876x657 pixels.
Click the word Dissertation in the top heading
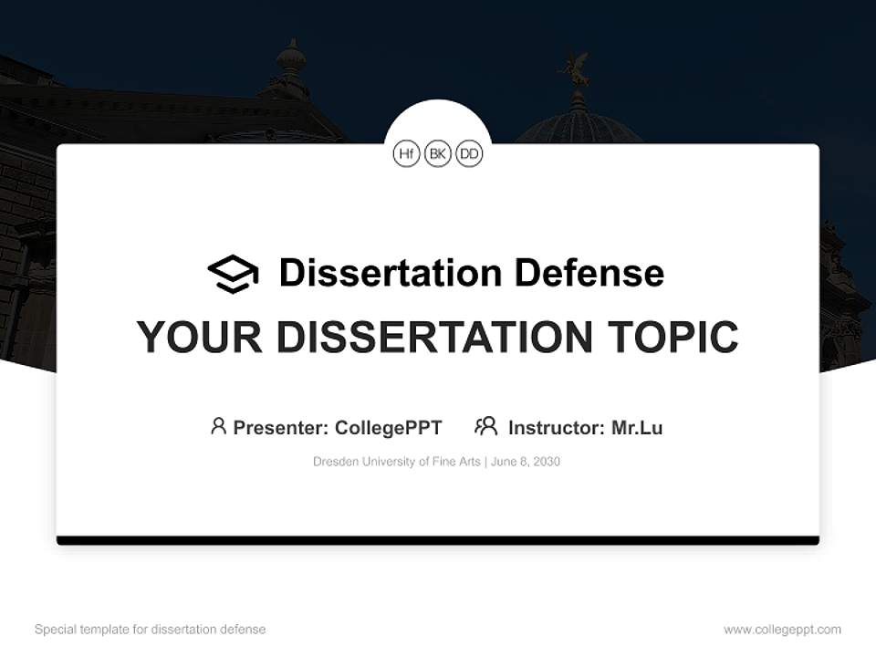coord(390,273)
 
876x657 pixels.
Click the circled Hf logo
coord(406,154)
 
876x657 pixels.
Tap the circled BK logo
coord(438,154)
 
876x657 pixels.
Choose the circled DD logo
coord(469,154)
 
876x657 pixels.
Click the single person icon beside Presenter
coord(218,426)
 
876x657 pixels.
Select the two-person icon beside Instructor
coord(485,426)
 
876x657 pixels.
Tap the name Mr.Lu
coord(637,428)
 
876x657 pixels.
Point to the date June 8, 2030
coord(526,462)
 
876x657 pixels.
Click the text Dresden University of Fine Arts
coord(397,462)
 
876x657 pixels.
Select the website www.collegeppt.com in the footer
coord(782,630)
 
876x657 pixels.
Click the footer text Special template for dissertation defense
coord(151,630)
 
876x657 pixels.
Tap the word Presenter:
coord(281,428)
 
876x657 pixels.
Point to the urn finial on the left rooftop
coord(291,60)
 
